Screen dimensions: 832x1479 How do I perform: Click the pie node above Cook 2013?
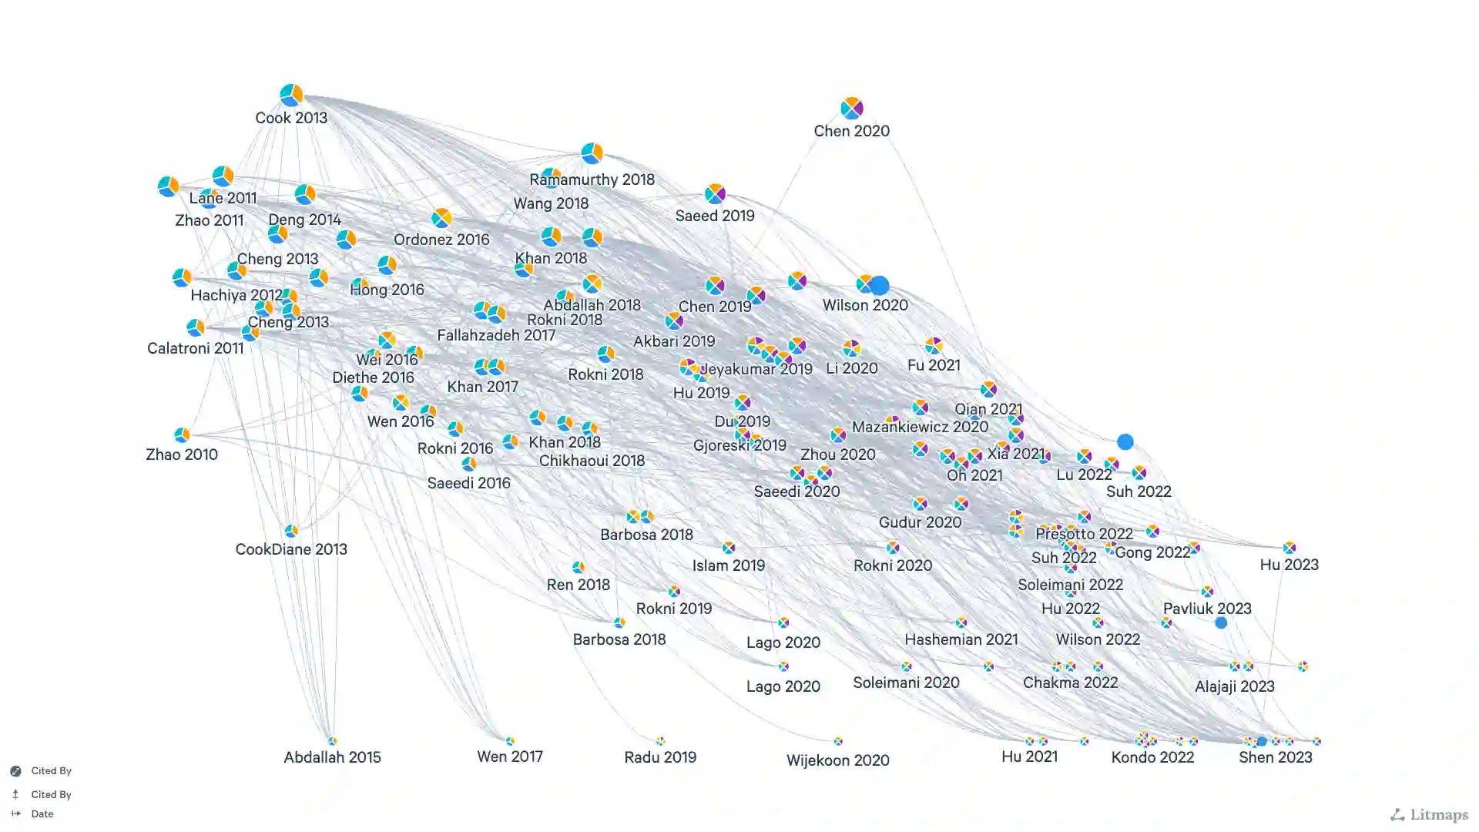coord(291,95)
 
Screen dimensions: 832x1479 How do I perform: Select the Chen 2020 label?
coord(851,131)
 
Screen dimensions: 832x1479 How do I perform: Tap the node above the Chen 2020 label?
coord(851,108)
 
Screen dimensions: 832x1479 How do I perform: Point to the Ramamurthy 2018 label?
coord(592,179)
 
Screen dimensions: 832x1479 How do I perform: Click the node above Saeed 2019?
coord(715,193)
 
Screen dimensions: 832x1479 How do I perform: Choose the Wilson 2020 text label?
coord(865,305)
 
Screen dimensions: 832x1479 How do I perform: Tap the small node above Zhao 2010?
coord(182,435)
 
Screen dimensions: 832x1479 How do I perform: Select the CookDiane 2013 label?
coord(291,549)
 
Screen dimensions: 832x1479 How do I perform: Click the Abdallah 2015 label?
coord(332,757)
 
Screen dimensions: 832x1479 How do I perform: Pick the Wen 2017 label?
coord(510,757)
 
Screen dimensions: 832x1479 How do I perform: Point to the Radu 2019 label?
coord(660,757)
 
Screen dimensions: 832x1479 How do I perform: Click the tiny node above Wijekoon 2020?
coord(838,741)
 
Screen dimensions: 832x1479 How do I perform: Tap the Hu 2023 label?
coord(1289,565)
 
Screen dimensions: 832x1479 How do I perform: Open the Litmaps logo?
coord(1429,814)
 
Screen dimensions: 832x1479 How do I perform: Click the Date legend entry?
coord(42,814)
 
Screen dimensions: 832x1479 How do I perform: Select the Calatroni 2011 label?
coord(195,348)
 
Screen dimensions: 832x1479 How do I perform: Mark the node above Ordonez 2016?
coord(441,218)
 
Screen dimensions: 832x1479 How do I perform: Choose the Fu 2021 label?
coord(934,365)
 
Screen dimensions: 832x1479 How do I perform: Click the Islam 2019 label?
coord(728,565)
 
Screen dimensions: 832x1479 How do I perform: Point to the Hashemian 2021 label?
coord(961,639)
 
